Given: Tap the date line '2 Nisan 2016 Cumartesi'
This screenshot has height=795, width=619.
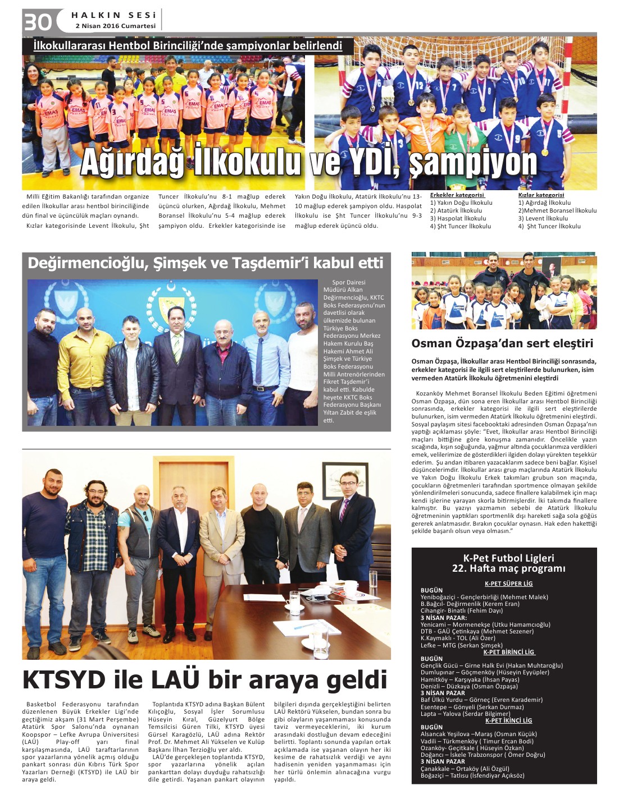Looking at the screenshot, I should click(x=115, y=26).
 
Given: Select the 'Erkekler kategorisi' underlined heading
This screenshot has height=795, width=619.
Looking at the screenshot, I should click(x=457, y=195).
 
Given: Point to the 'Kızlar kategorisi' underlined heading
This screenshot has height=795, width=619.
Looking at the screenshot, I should click(x=541, y=195).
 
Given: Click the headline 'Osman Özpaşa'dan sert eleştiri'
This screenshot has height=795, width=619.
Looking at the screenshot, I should click(x=502, y=343).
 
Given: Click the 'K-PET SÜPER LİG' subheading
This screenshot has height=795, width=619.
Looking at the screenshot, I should click(x=508, y=583).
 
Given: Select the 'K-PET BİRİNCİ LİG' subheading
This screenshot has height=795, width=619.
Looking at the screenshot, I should click(x=509, y=652).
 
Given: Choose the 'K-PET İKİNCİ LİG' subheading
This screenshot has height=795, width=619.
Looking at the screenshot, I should click(x=508, y=720).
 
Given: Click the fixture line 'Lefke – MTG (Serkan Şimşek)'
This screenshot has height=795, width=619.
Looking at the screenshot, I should click(x=461, y=645).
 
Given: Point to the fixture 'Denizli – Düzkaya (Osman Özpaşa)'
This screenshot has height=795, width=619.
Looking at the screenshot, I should click(x=469, y=686).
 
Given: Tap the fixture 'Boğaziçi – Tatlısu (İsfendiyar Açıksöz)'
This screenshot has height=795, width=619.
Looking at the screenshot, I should click(x=472, y=775).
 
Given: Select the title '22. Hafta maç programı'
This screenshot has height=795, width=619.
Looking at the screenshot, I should click(x=508, y=568).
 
